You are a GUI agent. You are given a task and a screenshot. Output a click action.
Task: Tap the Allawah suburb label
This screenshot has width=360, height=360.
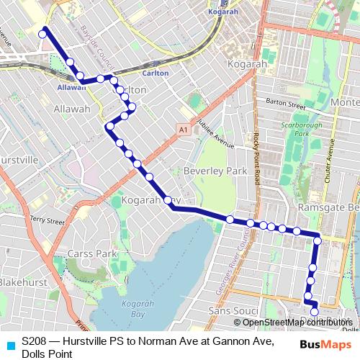click(x=72, y=109)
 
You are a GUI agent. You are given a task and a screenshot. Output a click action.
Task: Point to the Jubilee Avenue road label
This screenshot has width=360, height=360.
click(x=216, y=132)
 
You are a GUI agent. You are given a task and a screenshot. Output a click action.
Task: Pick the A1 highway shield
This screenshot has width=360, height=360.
click(x=184, y=129)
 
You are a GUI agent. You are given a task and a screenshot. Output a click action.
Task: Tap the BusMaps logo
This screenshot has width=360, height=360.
click(x=321, y=344)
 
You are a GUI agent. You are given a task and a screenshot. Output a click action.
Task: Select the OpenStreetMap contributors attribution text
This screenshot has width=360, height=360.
click(x=295, y=323)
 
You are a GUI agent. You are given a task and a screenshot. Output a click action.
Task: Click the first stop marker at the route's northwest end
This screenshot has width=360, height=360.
click(x=43, y=32)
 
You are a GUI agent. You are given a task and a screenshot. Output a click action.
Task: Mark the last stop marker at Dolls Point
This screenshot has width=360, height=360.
click(x=315, y=311)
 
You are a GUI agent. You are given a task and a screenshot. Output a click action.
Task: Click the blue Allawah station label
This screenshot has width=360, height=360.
click(x=71, y=87)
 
